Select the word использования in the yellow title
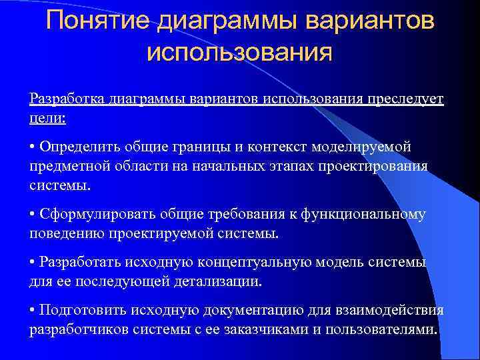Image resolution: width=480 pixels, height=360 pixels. [x=239, y=51]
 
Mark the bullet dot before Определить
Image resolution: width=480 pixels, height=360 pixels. [x=33, y=147]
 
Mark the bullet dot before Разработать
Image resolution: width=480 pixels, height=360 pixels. [x=33, y=263]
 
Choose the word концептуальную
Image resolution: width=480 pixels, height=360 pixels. [x=275, y=262]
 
